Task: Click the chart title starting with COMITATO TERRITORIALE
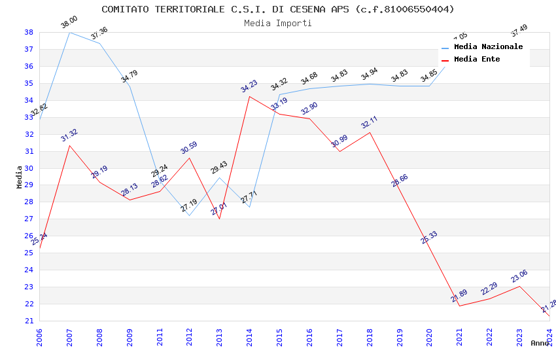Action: pos(277,9)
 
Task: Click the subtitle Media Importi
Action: pos(277,23)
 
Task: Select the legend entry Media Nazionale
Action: pos(488,47)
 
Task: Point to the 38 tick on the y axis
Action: pos(29,32)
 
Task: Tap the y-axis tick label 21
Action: pos(29,321)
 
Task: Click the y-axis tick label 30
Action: pos(29,168)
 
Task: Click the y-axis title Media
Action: pos(20,177)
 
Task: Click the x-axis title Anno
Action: pos(540,343)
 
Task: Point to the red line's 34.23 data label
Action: pos(249,86)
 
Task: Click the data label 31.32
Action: pos(69,135)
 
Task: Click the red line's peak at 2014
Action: pos(249,96)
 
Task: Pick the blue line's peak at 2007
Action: pos(69,32)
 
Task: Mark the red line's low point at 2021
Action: pos(459,306)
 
